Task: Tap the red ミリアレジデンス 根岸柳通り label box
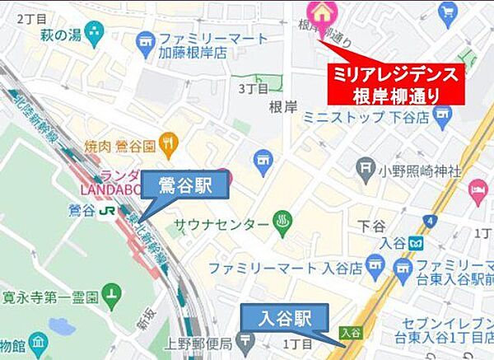click(x=394, y=83)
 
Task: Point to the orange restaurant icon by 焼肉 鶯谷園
click(x=170, y=142)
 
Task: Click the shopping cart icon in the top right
click(x=449, y=12)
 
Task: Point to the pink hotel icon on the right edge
click(x=478, y=192)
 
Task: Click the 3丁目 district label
click(x=253, y=86)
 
